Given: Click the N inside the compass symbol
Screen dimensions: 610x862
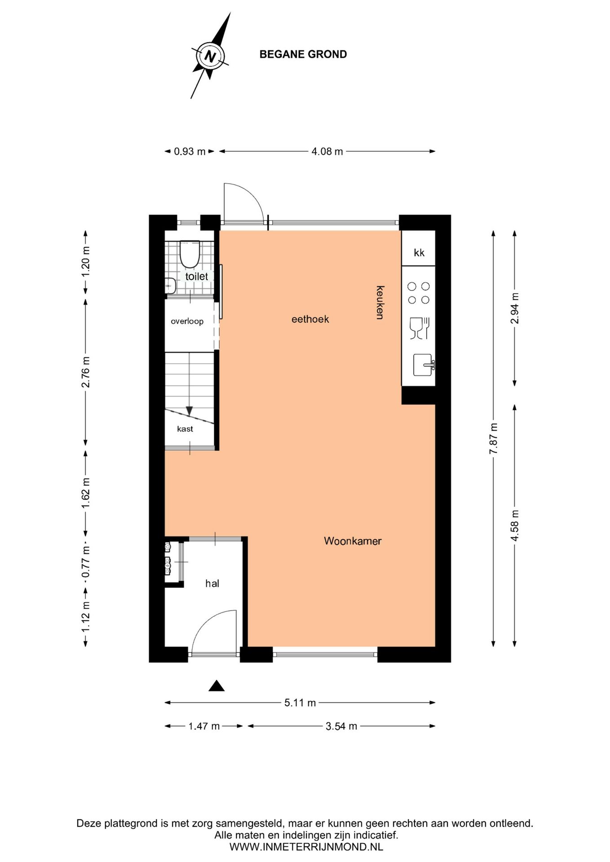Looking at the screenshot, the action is pyautogui.click(x=210, y=57).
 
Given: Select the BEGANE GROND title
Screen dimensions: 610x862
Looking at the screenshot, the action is pyautogui.click(x=303, y=54).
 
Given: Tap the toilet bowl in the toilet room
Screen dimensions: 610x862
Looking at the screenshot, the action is pyautogui.click(x=190, y=253).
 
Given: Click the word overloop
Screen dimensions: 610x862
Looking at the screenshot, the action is pyautogui.click(x=187, y=321).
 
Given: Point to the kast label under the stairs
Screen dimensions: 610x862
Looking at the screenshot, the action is pyautogui.click(x=185, y=429).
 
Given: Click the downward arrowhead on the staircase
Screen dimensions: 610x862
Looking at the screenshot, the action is pyautogui.click(x=190, y=410).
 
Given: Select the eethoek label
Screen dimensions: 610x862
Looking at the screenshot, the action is pyautogui.click(x=310, y=319).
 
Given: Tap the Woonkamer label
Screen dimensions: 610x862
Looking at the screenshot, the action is pyautogui.click(x=353, y=541).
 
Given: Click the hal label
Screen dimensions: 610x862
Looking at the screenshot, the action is pyautogui.click(x=212, y=584).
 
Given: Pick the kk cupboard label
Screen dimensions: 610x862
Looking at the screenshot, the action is pyautogui.click(x=419, y=253).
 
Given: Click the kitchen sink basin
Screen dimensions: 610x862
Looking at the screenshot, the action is pyautogui.click(x=423, y=365).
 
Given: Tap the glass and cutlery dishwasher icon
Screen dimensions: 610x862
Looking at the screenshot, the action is pyautogui.click(x=420, y=328).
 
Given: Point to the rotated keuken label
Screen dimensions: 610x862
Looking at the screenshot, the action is pyautogui.click(x=380, y=302).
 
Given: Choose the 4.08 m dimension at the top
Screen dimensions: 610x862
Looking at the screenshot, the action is pyautogui.click(x=327, y=151).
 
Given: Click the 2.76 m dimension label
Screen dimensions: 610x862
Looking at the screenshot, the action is pyautogui.click(x=86, y=372).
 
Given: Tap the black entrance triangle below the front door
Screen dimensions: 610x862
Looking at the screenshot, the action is pyautogui.click(x=217, y=686).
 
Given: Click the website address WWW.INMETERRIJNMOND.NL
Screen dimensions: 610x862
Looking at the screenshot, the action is pyautogui.click(x=306, y=847).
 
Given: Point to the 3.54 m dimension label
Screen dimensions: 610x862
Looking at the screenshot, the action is pyautogui.click(x=341, y=726).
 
